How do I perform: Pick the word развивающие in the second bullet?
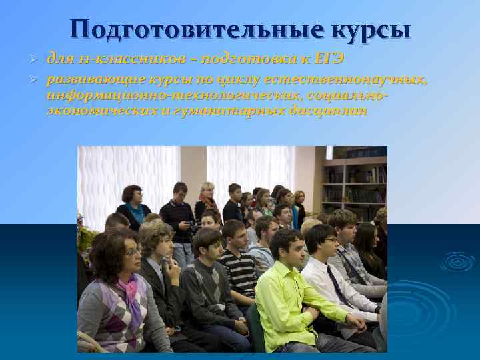pos(86,80)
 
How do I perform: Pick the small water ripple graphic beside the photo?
pos(457,261)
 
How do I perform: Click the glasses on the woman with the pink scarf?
pos(133,252)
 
